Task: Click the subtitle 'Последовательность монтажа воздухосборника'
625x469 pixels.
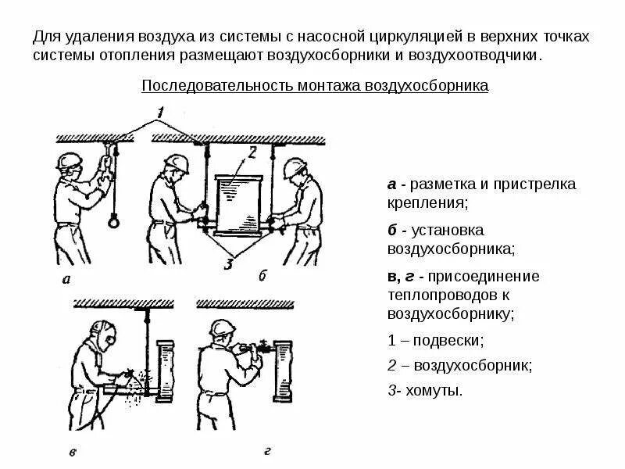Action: [314, 85]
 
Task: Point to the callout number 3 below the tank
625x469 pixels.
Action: [227, 264]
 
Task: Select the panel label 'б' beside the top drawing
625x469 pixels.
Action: [262, 275]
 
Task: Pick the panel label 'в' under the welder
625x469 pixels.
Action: [72, 451]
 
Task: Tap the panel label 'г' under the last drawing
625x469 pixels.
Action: [267, 450]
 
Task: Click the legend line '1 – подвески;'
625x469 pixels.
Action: [436, 341]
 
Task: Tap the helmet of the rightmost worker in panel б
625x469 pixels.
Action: [295, 168]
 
